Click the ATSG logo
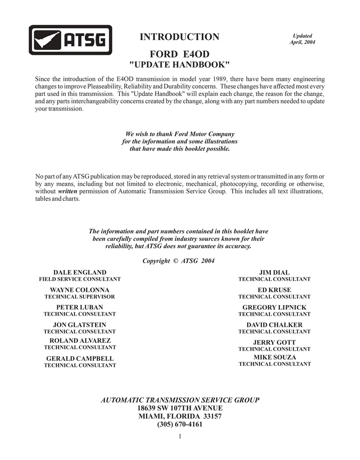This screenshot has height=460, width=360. click(70, 40)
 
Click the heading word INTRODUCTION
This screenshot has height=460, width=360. click(180, 37)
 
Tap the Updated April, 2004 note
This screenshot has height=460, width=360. click(302, 39)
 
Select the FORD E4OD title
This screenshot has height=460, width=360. click(180, 54)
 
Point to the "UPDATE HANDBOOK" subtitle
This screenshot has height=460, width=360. click(180, 65)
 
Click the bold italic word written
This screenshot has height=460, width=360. click(67, 191)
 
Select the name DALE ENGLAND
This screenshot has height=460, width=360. click(80, 272)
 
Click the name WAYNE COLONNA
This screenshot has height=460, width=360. click(80, 290)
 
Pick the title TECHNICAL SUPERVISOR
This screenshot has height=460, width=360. click(80, 297)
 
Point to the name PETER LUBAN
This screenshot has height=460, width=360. click(80, 307)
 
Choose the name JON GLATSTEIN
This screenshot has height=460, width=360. click(80, 325)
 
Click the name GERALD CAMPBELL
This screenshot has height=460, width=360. click(80, 359)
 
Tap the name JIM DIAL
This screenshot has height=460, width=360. click(274, 272)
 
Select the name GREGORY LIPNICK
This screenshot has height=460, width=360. click(274, 307)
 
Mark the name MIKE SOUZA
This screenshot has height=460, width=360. click(274, 357)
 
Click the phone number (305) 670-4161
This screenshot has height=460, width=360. click(180, 424)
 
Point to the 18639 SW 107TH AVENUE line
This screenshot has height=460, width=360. click(180, 408)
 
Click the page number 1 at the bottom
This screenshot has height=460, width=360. click(180, 436)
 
